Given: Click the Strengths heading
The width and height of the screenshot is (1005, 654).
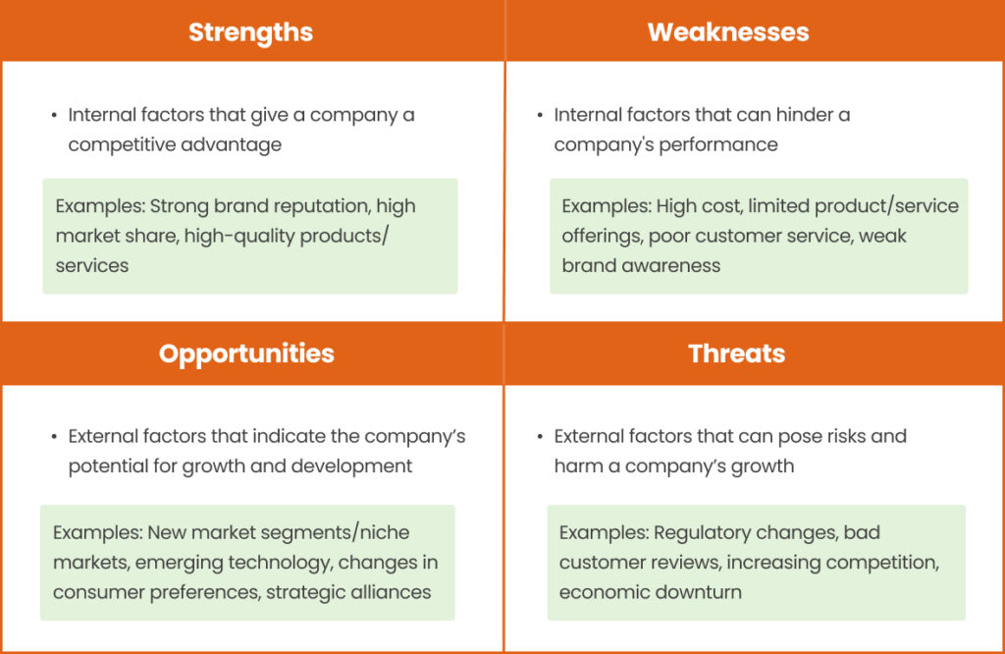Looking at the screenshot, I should (x=250, y=31).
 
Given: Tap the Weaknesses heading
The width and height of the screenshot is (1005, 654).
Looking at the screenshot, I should (x=728, y=31).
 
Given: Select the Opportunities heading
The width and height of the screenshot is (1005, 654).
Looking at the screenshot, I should (x=246, y=354).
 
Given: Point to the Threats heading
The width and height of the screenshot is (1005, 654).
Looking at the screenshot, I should (x=736, y=354).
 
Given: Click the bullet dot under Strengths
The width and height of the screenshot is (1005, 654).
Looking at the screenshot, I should (x=54, y=116).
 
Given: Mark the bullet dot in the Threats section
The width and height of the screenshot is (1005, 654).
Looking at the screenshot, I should (x=540, y=437).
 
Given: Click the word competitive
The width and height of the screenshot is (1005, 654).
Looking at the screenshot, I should (x=115, y=144).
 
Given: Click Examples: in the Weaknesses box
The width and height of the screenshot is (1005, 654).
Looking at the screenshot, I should (x=605, y=206).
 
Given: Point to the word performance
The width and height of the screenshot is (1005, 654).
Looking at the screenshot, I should (x=718, y=144).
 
